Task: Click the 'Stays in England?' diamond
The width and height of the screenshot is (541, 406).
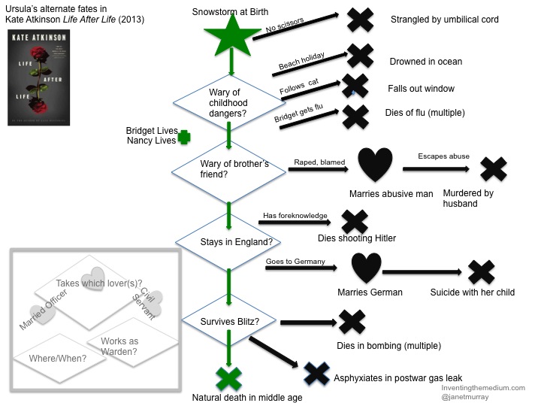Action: point(229,241)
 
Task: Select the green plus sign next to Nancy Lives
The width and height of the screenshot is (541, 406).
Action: point(183,138)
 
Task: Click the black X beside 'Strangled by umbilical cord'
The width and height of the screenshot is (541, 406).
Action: point(361,19)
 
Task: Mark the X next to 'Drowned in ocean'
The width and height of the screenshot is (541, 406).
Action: point(360,55)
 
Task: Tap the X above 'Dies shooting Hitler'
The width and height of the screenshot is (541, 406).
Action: point(354,220)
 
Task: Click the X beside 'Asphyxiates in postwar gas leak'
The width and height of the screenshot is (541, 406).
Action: point(317,374)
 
